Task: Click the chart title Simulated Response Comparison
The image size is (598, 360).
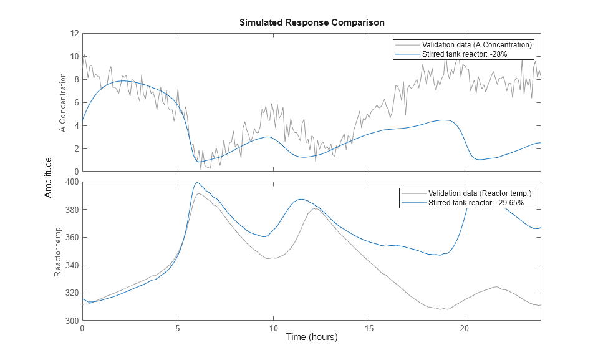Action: pos(311,22)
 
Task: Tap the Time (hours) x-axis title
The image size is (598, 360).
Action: pos(311,337)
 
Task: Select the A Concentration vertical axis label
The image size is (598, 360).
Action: pos(62,103)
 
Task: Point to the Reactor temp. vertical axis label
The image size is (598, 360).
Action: pos(57,251)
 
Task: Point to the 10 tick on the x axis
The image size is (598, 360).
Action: pos(273,328)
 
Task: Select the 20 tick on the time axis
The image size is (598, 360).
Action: pos(464,328)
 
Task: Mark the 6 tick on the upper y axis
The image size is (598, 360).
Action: pos(75,102)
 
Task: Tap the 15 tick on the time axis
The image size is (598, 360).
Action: pos(369,328)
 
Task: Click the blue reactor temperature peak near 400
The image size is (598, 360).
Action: pos(197,183)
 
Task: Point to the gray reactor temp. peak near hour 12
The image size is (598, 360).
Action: pos(316,209)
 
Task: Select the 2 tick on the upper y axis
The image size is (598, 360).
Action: pos(75,148)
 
